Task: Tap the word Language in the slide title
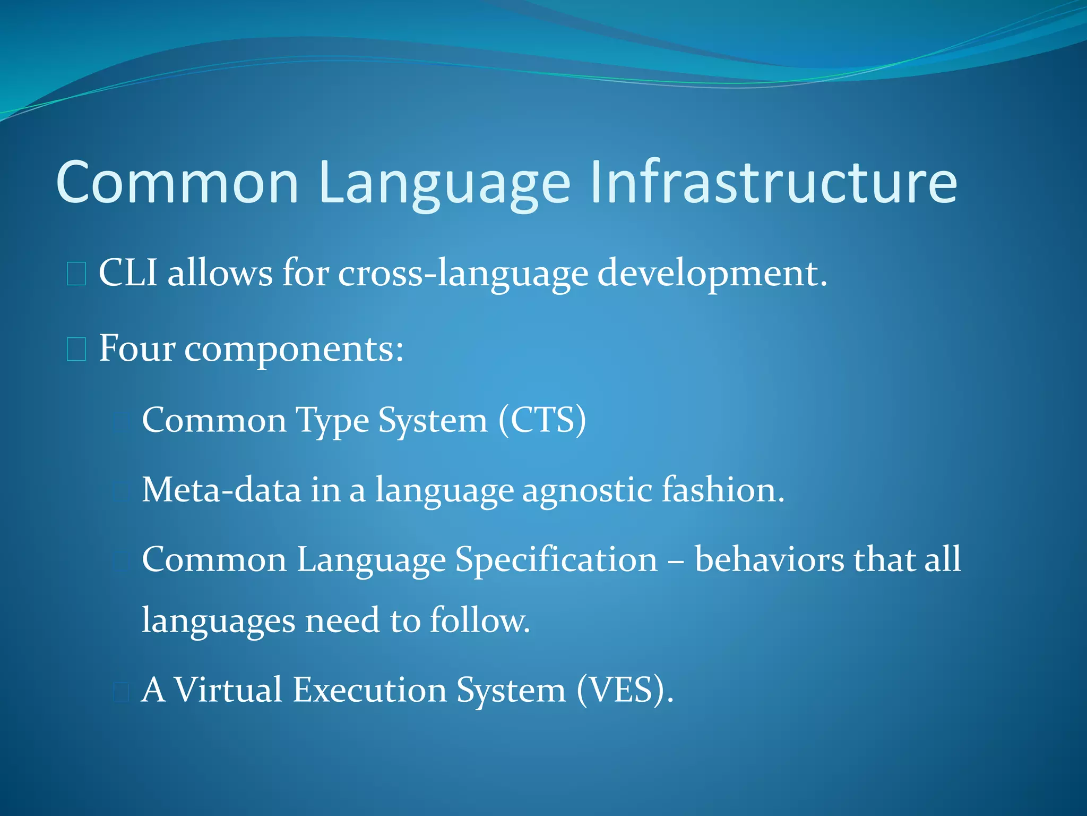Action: pyautogui.click(x=445, y=182)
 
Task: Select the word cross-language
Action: pyautogui.click(x=463, y=273)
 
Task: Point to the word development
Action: pyautogui.click(x=712, y=273)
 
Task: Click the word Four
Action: pyautogui.click(x=137, y=348)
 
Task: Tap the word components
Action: pyautogui.click(x=294, y=350)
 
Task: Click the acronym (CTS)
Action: pyautogui.click(x=542, y=420)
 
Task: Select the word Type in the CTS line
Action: pyautogui.click(x=332, y=421)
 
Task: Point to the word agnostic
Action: pyautogui.click(x=587, y=490)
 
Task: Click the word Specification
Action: pyautogui.click(x=556, y=560)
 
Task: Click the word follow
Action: pyautogui.click(x=479, y=620)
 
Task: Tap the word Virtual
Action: pyautogui.click(x=228, y=690)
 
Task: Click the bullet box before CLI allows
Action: pyautogui.click(x=76, y=274)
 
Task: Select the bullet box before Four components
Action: pyautogui.click(x=76, y=350)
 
